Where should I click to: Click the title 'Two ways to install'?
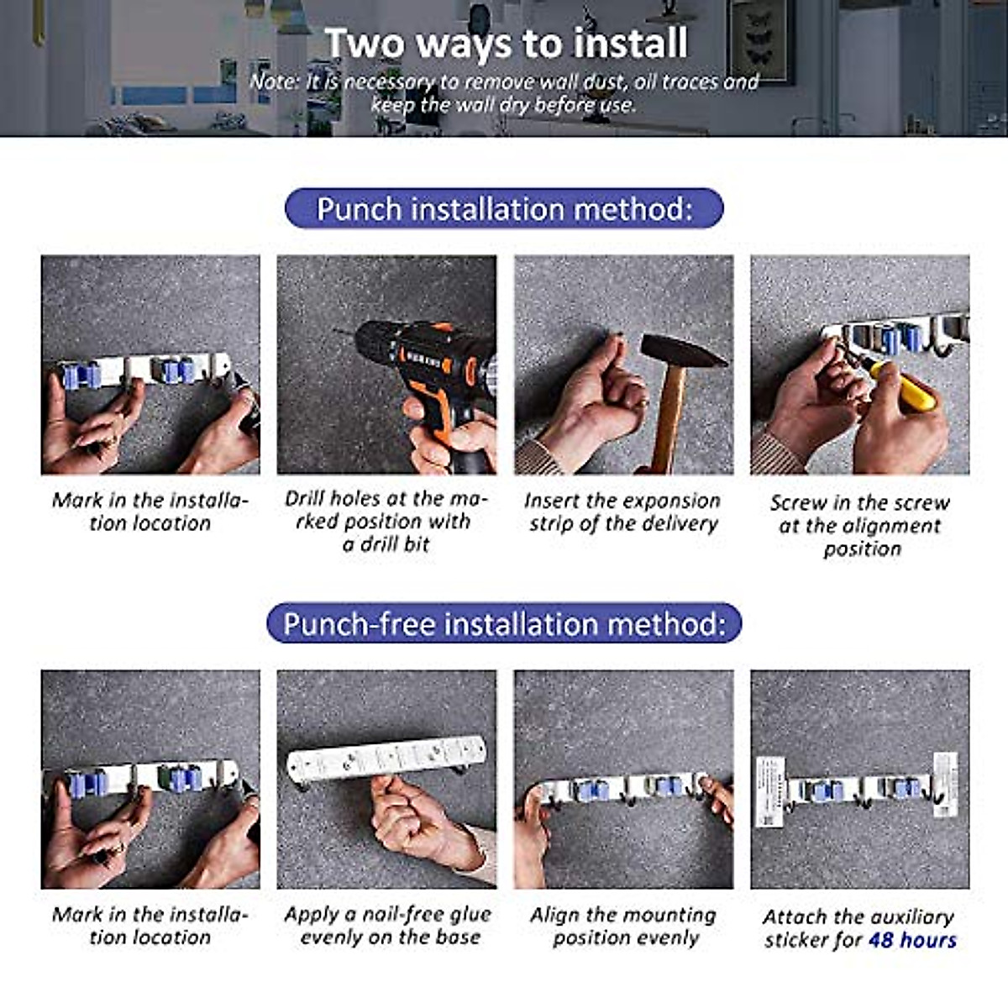(506, 43)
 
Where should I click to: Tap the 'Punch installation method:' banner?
(504, 208)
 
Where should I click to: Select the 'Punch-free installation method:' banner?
(504, 623)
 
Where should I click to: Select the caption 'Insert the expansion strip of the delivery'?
(622, 512)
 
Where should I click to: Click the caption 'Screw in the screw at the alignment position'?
(860, 525)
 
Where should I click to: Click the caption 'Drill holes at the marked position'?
(386, 521)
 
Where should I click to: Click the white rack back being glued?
(386, 758)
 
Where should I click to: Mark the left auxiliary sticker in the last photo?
(770, 791)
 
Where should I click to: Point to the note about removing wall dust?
(504, 93)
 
